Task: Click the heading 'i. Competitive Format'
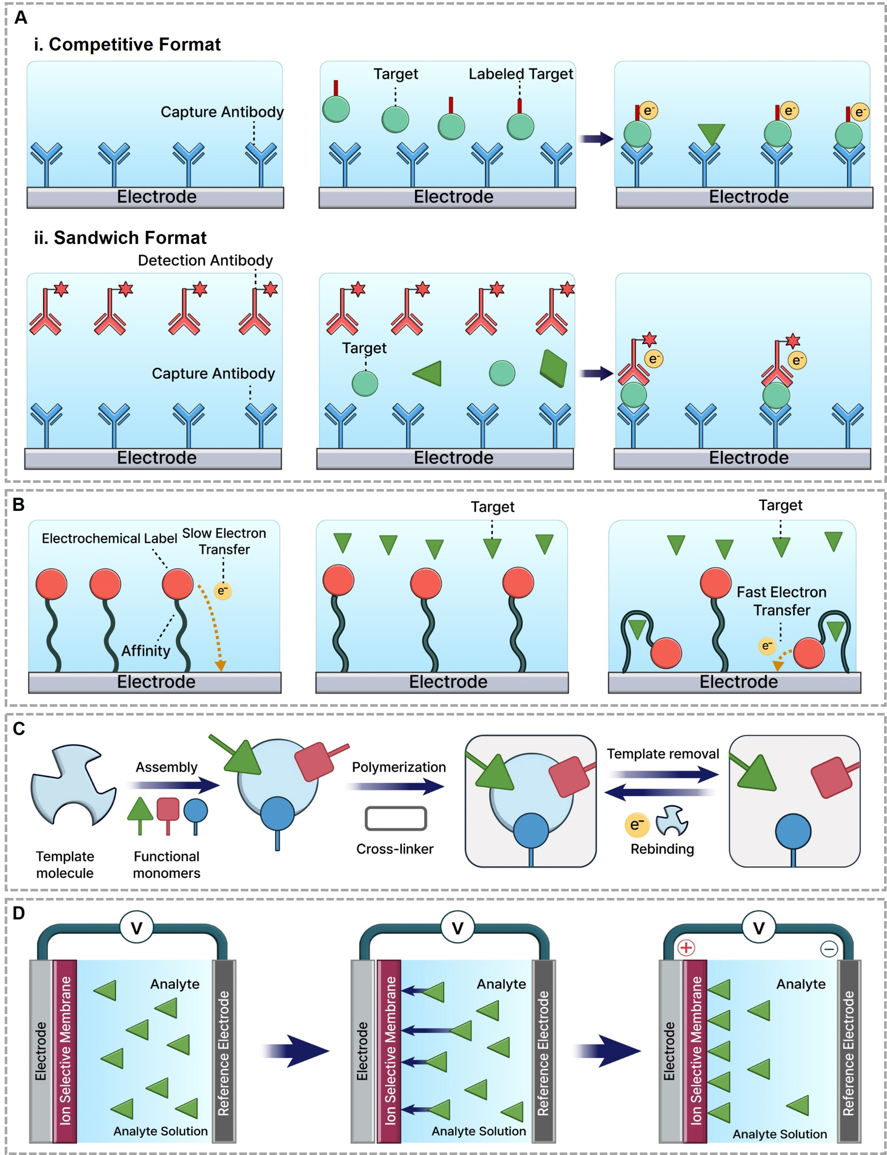[x=127, y=44]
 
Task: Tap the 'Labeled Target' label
[x=521, y=74]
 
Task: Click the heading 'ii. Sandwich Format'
[x=120, y=238]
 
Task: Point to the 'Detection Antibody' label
[x=205, y=261]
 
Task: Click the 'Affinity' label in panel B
[x=146, y=651]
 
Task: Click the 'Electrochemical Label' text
[x=109, y=538]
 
